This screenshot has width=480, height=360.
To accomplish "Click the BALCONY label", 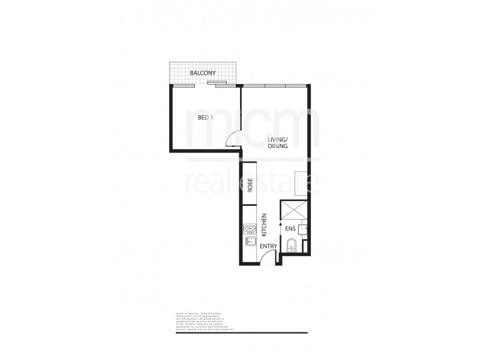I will (x=202, y=73).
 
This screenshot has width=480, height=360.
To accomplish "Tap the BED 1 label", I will (x=205, y=118).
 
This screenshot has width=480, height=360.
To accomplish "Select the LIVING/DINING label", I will (x=278, y=143).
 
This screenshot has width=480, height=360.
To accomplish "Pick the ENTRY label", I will (x=268, y=245).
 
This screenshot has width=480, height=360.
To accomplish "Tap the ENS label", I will (x=289, y=228).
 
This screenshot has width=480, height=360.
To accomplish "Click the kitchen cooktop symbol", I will (x=250, y=229).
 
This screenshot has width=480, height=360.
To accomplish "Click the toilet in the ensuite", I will (x=291, y=245).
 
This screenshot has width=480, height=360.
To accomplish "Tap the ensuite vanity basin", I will (x=305, y=229).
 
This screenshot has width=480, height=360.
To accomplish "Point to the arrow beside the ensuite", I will (x=280, y=224).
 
